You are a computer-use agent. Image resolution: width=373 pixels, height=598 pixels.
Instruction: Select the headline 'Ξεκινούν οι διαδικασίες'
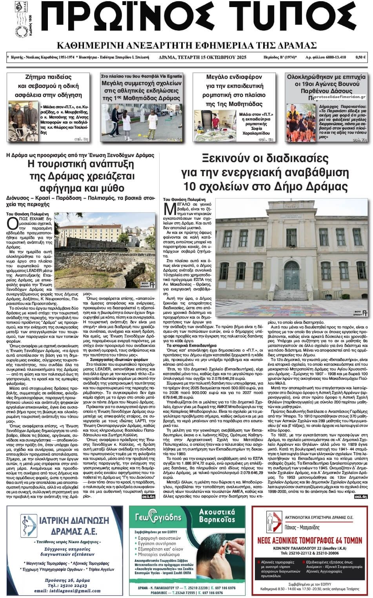264,159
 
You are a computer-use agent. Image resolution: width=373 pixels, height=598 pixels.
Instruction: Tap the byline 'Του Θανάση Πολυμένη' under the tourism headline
24,213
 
